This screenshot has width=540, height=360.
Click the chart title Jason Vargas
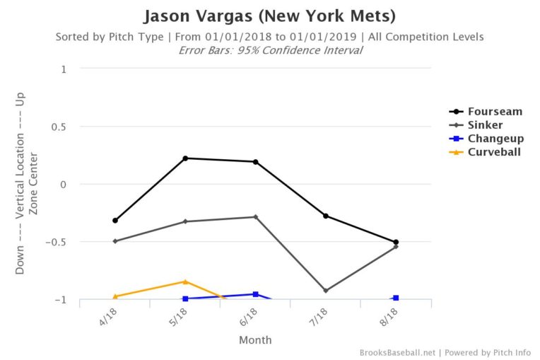click(269, 16)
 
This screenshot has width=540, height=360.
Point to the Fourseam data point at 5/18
click(185, 158)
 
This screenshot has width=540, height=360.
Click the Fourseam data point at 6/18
click(255, 162)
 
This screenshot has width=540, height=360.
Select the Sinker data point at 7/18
click(326, 291)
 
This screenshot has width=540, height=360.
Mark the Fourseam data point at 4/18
click(115, 221)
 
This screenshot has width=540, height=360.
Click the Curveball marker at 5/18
click(185, 281)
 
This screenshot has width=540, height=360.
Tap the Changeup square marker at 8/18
click(396, 298)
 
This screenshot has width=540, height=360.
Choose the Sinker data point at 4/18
click(115, 241)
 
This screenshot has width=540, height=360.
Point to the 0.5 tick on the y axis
click(62, 127)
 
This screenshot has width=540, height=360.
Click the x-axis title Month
click(255, 340)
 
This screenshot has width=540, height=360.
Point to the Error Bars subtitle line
click(269, 50)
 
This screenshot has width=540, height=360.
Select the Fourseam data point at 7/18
click(326, 216)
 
